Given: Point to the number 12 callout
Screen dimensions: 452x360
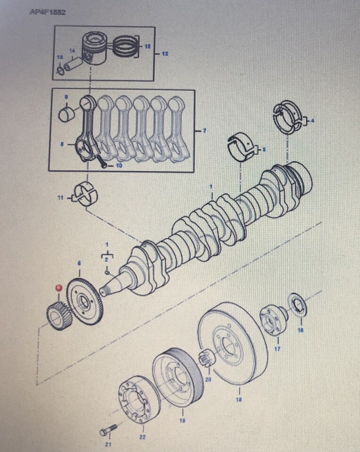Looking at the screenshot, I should coord(164,54).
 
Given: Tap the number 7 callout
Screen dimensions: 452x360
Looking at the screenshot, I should coord(204,130).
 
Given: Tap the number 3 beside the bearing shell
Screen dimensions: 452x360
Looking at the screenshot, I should coord(264,150).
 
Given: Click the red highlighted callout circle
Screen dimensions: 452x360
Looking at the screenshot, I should coord(58,287).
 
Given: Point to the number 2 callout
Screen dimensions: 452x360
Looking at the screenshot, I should coord(106,259).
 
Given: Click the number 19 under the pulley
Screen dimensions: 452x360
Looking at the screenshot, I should coord(183,420).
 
